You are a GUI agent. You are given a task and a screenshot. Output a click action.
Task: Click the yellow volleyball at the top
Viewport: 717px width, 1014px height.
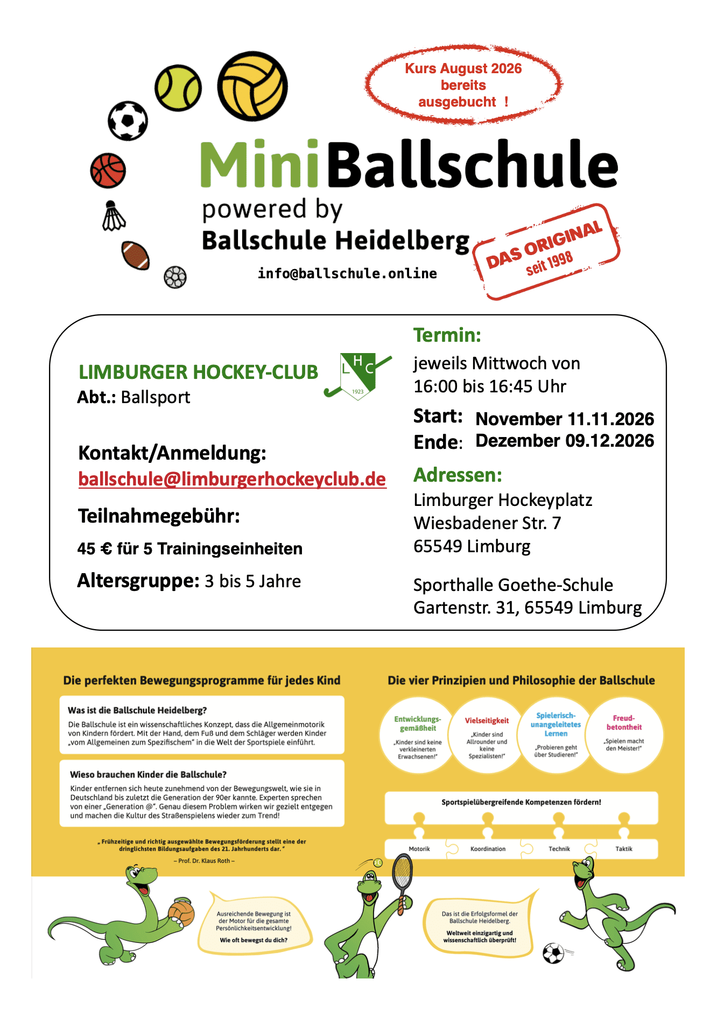point(252,86)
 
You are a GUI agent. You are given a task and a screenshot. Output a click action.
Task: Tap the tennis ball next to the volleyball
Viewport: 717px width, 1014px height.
point(178,88)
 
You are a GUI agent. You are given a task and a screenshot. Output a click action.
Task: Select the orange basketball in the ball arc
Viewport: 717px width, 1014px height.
point(108,171)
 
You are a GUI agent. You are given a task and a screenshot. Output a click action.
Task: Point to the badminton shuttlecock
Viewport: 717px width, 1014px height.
point(113,216)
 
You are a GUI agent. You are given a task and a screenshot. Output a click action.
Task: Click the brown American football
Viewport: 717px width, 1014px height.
point(135,255)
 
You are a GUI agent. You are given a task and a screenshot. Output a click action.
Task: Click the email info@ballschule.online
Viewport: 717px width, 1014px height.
point(347,273)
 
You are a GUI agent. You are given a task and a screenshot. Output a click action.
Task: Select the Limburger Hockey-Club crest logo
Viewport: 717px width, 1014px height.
point(357,376)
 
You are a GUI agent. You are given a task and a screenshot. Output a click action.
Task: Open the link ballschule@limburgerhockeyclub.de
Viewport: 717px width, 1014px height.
point(232,478)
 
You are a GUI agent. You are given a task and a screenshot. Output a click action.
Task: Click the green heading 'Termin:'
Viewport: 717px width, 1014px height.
point(447,335)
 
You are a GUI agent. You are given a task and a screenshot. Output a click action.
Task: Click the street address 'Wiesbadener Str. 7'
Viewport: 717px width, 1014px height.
point(487,523)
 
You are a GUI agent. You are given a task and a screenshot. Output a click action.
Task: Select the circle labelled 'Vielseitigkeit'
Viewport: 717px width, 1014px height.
point(487,735)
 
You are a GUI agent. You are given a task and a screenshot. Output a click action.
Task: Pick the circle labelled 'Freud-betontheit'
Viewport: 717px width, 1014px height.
point(624,735)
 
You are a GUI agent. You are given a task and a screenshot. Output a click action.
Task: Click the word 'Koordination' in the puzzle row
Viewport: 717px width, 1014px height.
point(488,849)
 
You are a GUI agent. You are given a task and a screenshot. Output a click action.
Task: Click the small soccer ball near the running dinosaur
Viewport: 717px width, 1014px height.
point(553,954)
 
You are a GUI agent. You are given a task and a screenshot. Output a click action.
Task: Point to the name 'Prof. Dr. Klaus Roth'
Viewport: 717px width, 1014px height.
point(204,861)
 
